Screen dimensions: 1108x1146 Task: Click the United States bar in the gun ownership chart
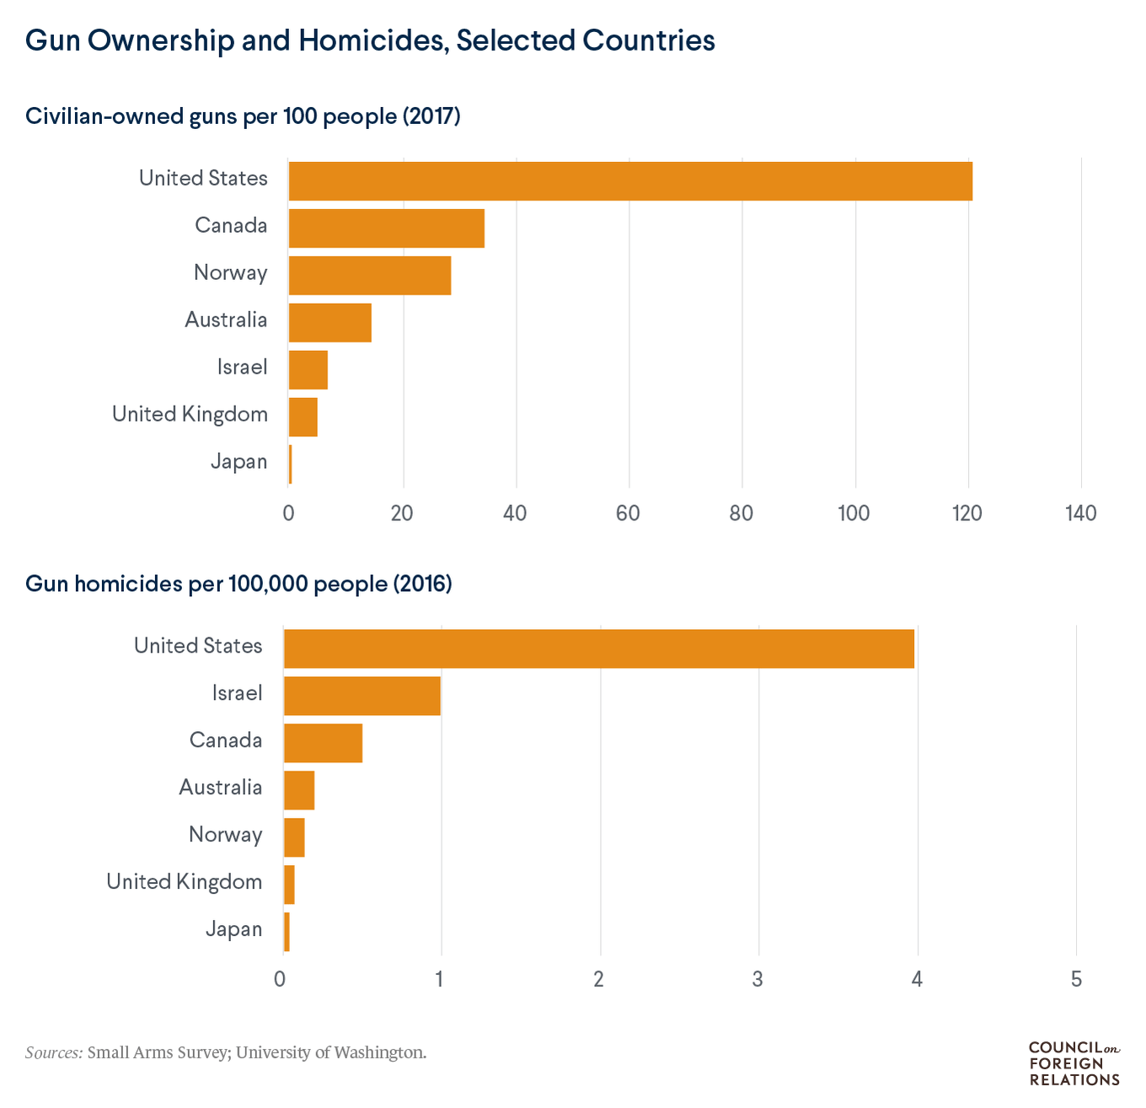point(630,180)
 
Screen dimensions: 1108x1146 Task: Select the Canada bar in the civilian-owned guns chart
point(386,228)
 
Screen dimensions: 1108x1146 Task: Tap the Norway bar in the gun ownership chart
point(369,275)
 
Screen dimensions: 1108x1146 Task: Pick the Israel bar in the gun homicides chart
point(361,696)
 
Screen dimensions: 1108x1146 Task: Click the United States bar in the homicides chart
point(598,648)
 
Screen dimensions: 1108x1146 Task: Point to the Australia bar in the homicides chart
point(299,790)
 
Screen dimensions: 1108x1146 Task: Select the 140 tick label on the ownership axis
point(1081,514)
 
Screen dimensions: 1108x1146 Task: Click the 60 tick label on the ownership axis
point(629,514)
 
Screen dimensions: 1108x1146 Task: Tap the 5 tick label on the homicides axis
point(1076,980)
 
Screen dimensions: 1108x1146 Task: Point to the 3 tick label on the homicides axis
point(758,980)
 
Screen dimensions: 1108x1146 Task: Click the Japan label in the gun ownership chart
point(238,462)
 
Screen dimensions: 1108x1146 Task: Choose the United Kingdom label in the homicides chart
point(185,882)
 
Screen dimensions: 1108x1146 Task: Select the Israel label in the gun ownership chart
point(242,368)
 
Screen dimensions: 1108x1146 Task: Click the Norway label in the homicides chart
point(226,835)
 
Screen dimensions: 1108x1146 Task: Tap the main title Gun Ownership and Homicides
point(370,40)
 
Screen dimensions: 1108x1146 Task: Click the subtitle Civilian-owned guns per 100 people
point(243,116)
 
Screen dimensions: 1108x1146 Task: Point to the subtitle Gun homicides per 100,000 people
point(238,584)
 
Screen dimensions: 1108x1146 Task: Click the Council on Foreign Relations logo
point(1074,1063)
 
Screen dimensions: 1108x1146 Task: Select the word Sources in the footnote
point(54,1052)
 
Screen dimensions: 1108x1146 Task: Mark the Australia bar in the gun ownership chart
point(329,322)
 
